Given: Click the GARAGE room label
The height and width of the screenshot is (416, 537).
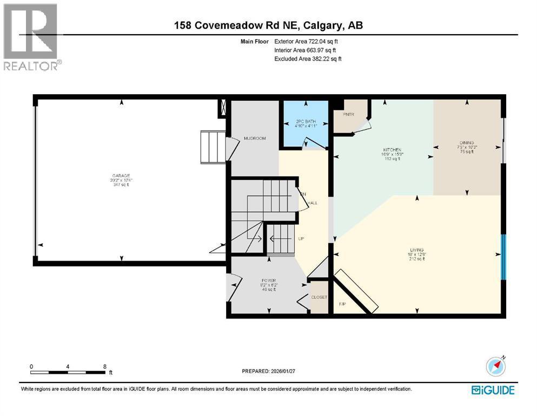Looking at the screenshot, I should tap(122, 176).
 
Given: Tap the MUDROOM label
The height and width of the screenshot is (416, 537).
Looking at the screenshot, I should tap(254, 139).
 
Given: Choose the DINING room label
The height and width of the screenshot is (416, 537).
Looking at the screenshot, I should tap(467, 143).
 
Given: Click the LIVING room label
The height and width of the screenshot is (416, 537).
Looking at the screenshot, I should tap(416, 250).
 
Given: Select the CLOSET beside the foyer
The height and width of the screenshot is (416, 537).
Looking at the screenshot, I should tap(319, 297).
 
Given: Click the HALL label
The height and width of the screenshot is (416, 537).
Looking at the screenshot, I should tap(313, 203).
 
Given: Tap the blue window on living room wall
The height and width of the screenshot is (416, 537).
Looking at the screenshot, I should tap(503, 257).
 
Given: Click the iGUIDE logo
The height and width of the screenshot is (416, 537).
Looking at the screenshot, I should tap(493, 389).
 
